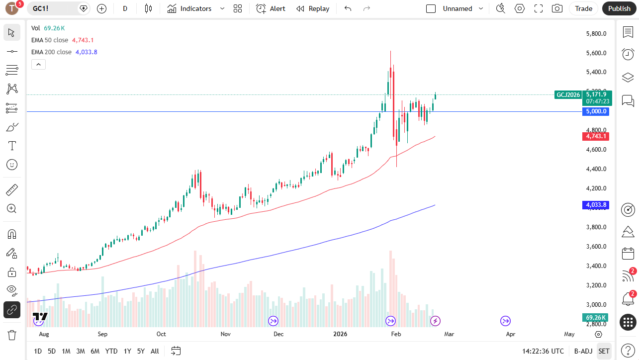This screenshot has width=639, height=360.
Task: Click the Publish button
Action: (x=619, y=8)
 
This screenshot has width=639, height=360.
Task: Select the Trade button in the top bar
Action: (x=583, y=8)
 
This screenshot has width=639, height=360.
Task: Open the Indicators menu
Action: (x=190, y=8)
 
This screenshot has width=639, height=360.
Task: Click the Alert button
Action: (x=271, y=8)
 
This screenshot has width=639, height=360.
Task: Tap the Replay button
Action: (x=313, y=8)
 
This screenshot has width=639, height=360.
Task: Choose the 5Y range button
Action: (x=141, y=351)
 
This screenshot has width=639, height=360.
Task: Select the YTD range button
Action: (x=111, y=351)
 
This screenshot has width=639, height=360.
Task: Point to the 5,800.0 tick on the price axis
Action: (x=597, y=34)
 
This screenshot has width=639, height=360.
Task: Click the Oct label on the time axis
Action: (x=161, y=334)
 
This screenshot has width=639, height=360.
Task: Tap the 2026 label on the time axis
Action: (x=340, y=334)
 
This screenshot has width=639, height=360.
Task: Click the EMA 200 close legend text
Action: (x=51, y=52)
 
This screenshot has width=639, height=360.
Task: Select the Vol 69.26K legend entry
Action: (x=48, y=28)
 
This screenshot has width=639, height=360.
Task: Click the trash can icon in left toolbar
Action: (x=12, y=335)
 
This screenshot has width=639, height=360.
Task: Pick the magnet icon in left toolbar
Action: (x=12, y=234)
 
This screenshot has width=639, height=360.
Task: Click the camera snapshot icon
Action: (x=557, y=8)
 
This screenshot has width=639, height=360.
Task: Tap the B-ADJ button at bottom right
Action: (x=582, y=351)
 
